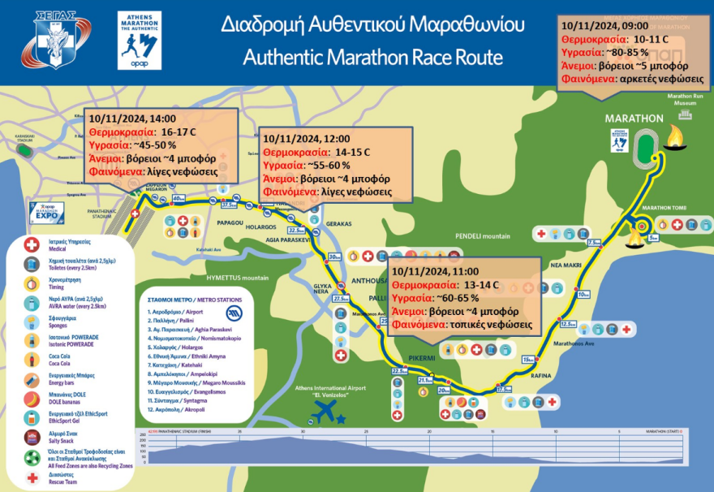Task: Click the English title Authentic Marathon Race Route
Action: point(372,58)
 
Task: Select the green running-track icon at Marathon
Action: point(647,149)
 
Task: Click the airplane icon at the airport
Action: point(325,410)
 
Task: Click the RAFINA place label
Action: point(541,375)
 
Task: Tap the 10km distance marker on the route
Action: point(582,295)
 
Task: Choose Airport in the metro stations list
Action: point(177,311)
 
